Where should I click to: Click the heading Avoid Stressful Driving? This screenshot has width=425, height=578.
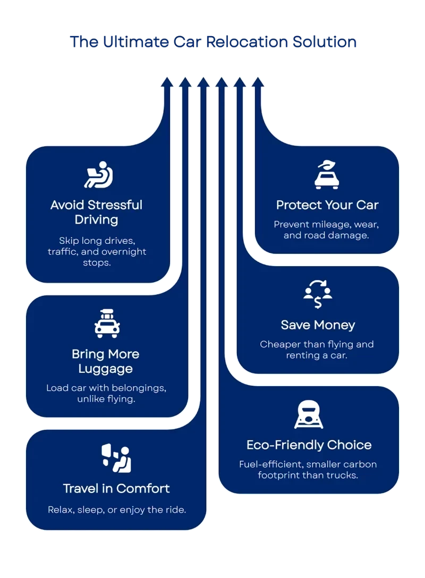(97, 211)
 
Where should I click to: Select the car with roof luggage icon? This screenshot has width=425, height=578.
(107, 324)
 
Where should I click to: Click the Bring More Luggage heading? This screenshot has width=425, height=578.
(106, 361)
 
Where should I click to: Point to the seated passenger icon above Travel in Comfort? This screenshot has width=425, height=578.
(116, 458)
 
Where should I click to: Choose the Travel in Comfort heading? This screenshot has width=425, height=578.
(116, 488)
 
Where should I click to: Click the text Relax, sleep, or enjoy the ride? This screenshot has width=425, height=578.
(117, 510)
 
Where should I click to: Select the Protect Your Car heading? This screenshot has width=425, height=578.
(327, 205)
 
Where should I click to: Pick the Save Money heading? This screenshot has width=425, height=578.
(318, 325)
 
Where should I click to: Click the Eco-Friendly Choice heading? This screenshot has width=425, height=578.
(309, 445)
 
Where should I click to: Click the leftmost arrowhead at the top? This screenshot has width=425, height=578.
(167, 81)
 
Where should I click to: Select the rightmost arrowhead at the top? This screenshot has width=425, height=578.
(258, 81)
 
